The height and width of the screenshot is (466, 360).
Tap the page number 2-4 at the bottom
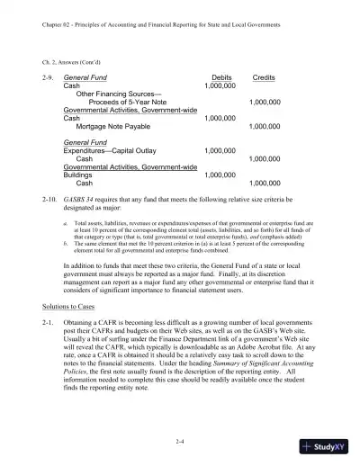180,440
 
